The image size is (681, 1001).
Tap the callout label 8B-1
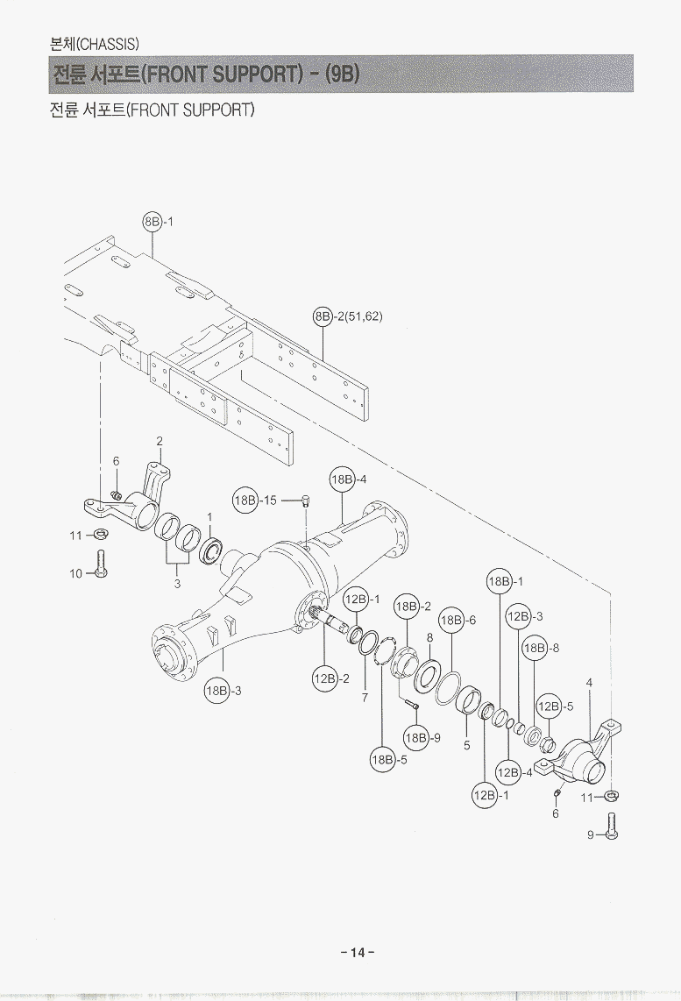coord(158,222)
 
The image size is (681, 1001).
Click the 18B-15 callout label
coord(254,500)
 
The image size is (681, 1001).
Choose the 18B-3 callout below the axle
coord(223,691)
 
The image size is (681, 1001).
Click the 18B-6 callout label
coord(457,620)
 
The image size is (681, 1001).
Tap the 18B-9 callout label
coord(422,737)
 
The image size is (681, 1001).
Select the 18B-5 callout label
coord(388,759)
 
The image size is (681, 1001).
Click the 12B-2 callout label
coord(330,678)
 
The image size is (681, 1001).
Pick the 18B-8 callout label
coord(540,649)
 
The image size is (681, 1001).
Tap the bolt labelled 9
coord(611,826)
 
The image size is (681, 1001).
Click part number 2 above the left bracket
coord(160,440)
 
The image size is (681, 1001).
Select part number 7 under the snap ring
coord(365,697)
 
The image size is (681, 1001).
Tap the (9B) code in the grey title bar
coord(342,74)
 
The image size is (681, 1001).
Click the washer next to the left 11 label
coord(101,534)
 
